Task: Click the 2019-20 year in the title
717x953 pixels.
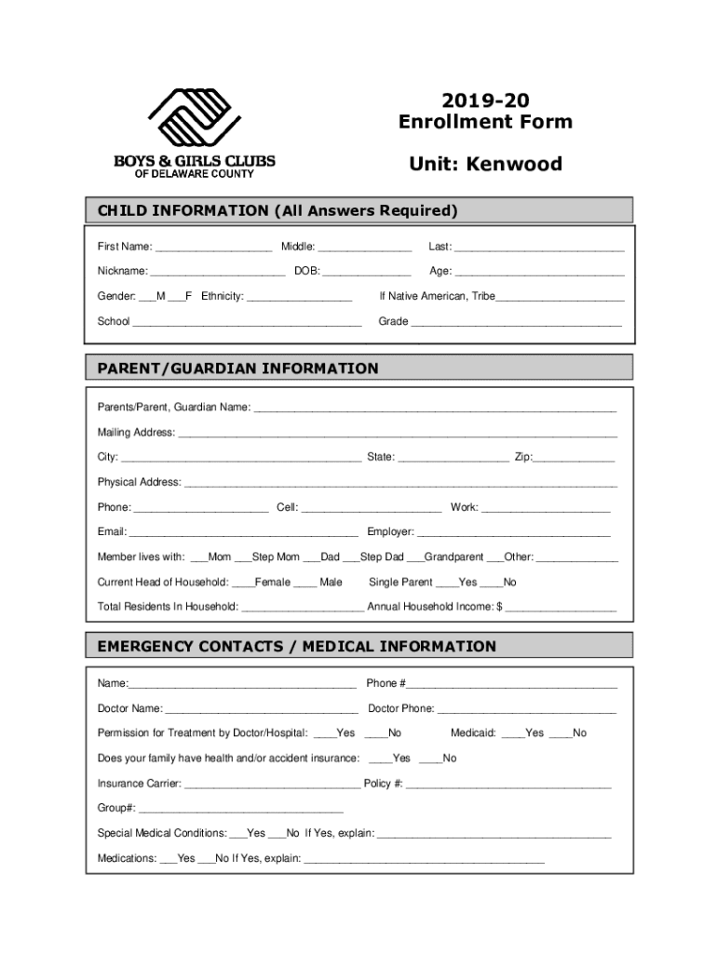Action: pos(485,100)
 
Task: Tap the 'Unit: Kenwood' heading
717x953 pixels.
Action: pos(485,165)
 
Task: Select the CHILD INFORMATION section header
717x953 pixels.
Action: pos(277,210)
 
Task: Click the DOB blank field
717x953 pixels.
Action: pos(367,273)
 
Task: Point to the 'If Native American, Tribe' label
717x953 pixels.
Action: pos(437,297)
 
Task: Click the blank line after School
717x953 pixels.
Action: pos(247,323)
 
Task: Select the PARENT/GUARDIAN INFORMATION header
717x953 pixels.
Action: pos(238,369)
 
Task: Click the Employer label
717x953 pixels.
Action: pos(390,532)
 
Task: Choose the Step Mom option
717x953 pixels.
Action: pos(243,558)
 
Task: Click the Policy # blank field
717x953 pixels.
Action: pos(508,785)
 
